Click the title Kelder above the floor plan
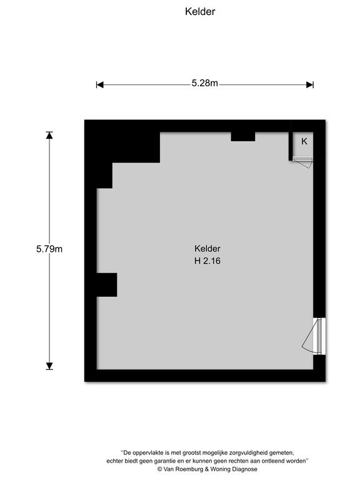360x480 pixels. (200, 12)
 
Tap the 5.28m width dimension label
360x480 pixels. (205, 83)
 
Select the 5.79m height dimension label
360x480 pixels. (49, 249)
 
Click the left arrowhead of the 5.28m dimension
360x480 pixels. (100, 85)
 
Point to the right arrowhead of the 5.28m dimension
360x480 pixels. (310, 85)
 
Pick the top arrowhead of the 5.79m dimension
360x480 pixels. (49, 135)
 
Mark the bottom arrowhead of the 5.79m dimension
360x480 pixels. (49, 366)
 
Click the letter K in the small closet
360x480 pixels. (304, 141)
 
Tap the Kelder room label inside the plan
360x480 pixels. (207, 249)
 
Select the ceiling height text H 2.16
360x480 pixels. (207, 261)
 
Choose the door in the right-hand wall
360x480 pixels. (315, 336)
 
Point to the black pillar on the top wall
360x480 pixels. (242, 136)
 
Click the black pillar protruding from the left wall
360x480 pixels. (107, 285)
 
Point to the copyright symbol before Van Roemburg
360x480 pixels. (159, 469)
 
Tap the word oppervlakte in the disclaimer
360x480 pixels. (148, 452)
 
